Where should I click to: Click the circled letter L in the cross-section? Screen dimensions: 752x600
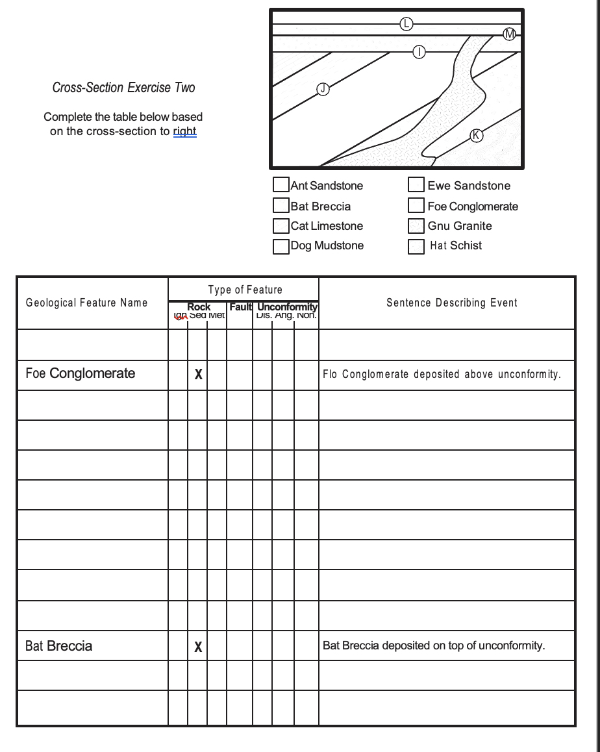coord(406,23)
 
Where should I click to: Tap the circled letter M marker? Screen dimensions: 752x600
coord(510,34)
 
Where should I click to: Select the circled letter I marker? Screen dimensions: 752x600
coord(419,52)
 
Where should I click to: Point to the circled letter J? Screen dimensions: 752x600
coord(323,89)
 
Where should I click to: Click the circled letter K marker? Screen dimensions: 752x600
coord(476,135)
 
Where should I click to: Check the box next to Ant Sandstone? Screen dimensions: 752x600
coord(281,185)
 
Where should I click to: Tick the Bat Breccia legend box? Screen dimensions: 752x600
coord(281,206)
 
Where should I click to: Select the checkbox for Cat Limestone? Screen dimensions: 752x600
coord(281,226)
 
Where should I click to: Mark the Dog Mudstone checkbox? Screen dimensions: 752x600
coord(281,246)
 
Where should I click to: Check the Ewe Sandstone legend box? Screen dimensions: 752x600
coord(416,185)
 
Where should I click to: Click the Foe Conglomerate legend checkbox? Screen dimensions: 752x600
coord(416,206)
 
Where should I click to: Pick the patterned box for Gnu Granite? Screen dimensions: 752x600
coord(416,226)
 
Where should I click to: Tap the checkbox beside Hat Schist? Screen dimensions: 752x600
coord(416,246)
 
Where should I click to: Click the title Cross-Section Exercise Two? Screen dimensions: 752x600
coord(123,88)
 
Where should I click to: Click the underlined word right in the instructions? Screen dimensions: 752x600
coord(184,131)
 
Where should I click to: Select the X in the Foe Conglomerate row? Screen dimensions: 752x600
coord(198,375)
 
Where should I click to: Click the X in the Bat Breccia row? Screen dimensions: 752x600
coord(198,647)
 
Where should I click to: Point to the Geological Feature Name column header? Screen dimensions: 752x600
coord(86,303)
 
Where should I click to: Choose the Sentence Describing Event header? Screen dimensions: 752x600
coord(452,303)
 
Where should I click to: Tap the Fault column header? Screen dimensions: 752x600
coord(240,307)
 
